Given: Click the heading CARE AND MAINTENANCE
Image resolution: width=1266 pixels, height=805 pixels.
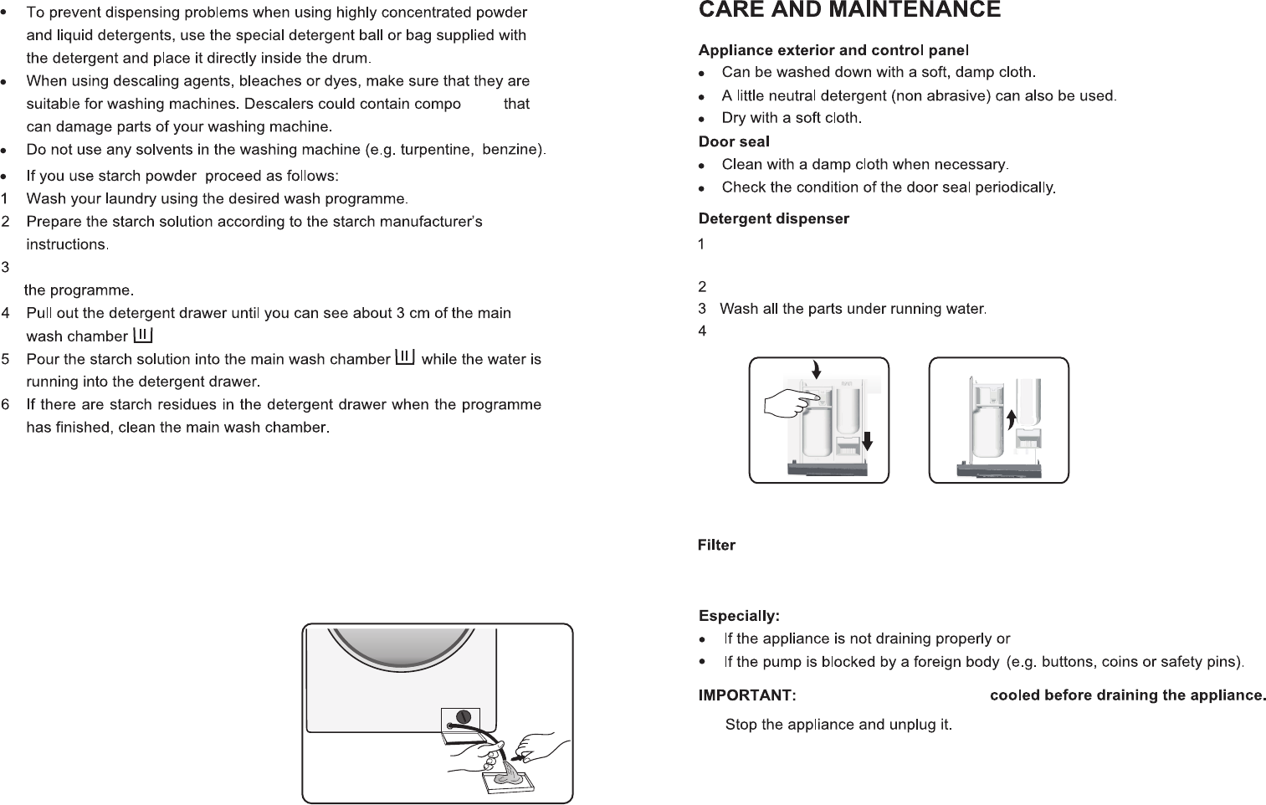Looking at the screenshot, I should [849, 10].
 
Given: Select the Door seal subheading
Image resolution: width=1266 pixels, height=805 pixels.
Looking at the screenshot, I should [734, 141].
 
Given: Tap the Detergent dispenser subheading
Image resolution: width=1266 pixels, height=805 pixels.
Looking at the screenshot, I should [774, 219].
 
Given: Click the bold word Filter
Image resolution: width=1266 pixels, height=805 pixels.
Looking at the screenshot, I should [716, 546].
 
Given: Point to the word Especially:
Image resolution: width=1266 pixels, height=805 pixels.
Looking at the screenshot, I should [739, 617].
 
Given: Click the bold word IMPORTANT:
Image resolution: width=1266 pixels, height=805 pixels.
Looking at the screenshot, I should [746, 695].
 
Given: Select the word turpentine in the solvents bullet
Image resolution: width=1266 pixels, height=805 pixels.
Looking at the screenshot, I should [435, 150].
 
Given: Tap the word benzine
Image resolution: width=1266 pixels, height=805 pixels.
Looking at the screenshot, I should [512, 150].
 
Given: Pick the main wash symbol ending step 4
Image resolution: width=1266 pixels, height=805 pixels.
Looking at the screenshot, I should [143, 335].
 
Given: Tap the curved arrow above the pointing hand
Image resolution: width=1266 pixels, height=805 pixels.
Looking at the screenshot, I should [816, 368].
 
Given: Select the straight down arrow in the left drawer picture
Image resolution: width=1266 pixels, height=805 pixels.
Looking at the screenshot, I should [868, 438].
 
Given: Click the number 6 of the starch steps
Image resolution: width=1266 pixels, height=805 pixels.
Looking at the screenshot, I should [6, 405].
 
